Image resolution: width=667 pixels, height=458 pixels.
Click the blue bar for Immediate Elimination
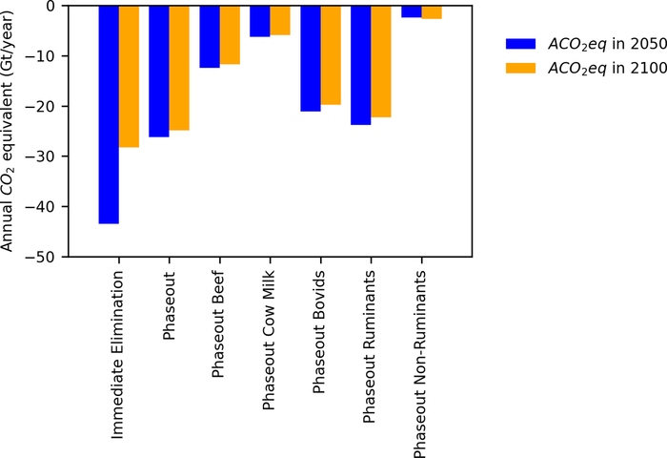coord(109,114)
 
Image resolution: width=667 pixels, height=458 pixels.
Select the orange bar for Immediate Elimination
coord(129,76)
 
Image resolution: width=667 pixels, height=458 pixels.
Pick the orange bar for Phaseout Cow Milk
coord(280,20)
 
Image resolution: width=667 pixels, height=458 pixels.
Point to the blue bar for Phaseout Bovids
coord(311,58)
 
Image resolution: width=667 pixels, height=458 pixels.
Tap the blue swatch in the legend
coord(523,43)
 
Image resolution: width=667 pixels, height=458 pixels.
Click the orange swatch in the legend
coord(523,68)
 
